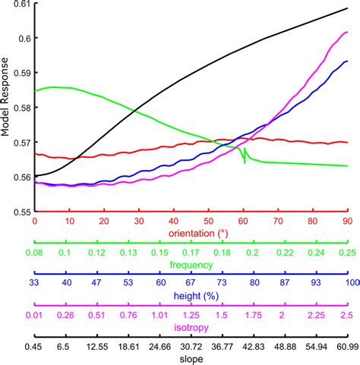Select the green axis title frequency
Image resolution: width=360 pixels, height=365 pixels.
[191, 266]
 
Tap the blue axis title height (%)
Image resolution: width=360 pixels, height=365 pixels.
[191, 297]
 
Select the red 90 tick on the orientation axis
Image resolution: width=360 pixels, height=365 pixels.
[346, 221]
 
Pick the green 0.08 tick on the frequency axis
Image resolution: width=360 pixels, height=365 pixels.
[35, 252]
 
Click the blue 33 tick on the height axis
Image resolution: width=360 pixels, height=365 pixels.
[35, 283]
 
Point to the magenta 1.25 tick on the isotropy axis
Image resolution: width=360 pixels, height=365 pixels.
[191, 314]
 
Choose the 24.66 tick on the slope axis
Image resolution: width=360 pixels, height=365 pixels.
[159, 345]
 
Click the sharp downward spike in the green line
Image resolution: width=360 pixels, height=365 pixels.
[245, 162]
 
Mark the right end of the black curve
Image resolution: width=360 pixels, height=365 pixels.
[347, 8]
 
